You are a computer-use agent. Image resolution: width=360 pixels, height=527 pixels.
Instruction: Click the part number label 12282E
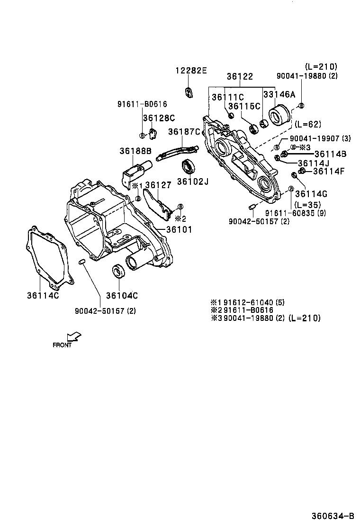point(191,71)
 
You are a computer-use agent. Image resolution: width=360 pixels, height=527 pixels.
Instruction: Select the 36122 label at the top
point(239,76)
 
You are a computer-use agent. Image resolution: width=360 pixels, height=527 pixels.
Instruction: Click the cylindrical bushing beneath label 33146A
point(279,115)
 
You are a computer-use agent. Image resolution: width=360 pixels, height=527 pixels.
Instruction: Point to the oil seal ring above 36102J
point(189,167)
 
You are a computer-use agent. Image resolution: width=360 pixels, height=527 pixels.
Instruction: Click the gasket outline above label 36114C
point(47,256)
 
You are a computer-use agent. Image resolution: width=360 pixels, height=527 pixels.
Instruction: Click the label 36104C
point(122,296)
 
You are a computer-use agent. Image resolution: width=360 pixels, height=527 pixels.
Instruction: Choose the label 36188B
point(135,151)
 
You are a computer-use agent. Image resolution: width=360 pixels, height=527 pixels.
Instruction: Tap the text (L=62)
point(307,125)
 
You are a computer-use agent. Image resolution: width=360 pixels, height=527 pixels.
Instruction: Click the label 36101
point(179,229)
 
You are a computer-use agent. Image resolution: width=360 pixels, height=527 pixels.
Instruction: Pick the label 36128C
point(159,118)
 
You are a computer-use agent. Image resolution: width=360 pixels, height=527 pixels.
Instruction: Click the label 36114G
point(311,194)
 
